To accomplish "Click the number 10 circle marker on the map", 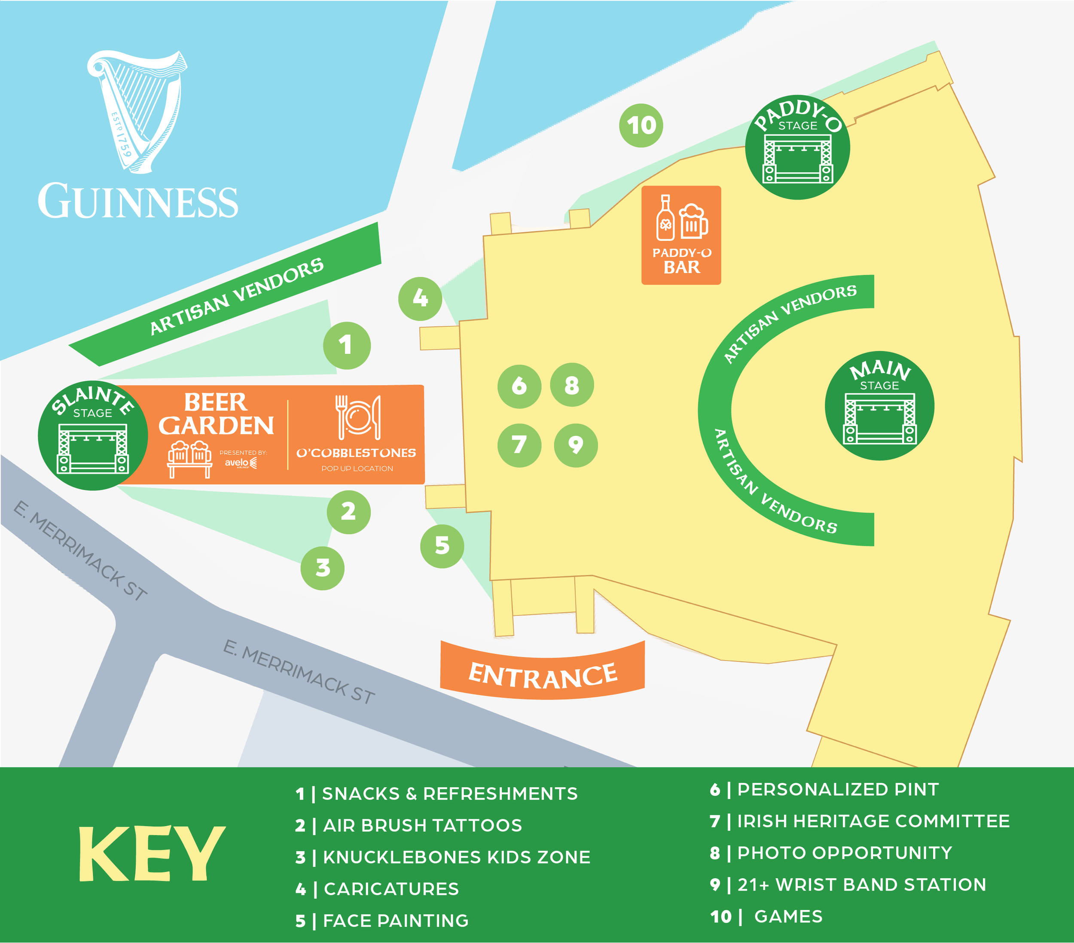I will click(641, 125).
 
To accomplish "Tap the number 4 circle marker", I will click(420, 298).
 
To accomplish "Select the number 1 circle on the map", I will click(346, 345).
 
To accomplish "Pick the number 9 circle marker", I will click(576, 445).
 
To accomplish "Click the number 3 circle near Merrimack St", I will click(322, 568).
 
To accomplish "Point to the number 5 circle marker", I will click(442, 546).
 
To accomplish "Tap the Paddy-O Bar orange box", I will click(681, 235).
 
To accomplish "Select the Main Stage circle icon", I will click(879, 405).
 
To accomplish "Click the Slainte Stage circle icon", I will click(92, 435).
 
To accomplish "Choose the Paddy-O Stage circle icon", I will click(797, 148).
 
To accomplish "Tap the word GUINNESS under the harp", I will click(137, 202).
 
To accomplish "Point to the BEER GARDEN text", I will click(216, 414).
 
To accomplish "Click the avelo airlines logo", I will click(241, 462).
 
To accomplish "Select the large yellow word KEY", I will click(152, 854).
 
